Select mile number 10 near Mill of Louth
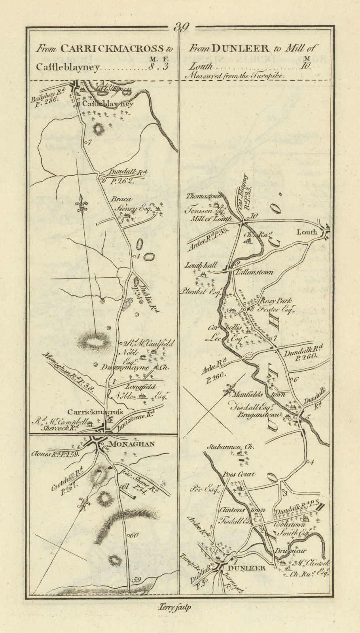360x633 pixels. coord(254,216)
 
